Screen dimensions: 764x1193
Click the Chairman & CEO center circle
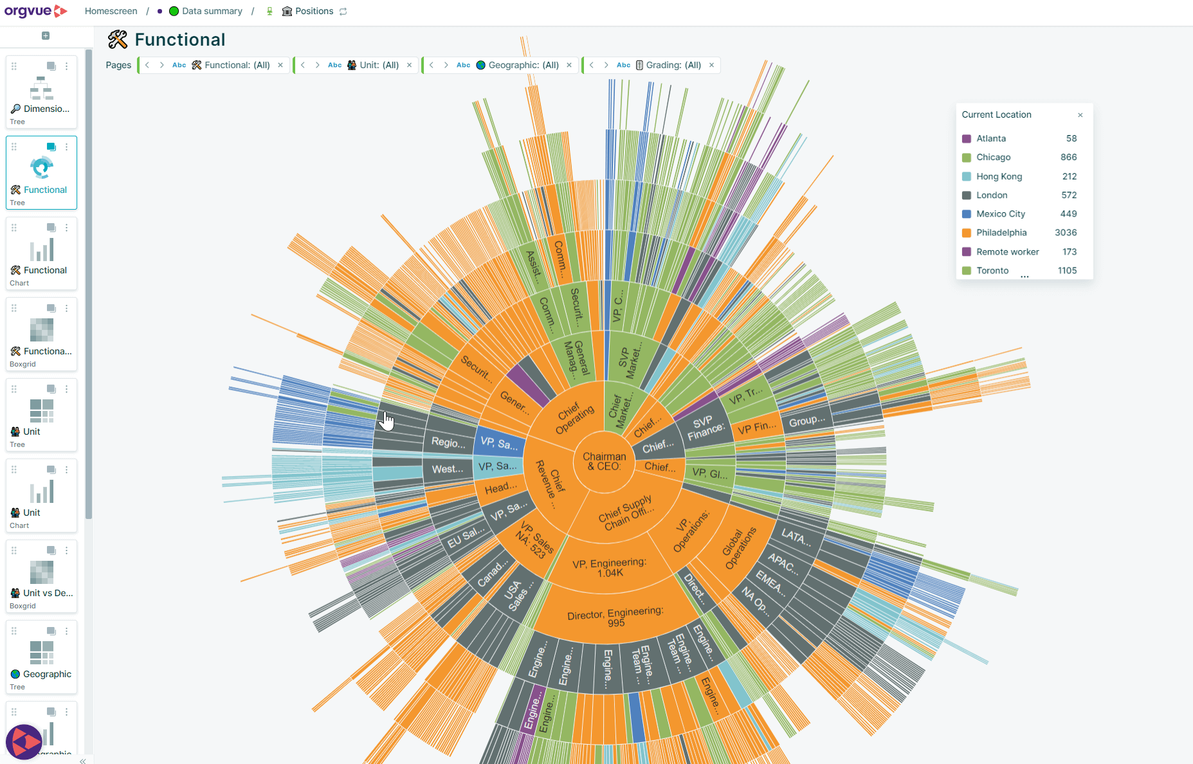[x=604, y=461]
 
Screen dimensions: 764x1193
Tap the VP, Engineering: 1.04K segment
[x=608, y=567]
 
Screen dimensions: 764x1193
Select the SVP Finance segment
[x=705, y=428]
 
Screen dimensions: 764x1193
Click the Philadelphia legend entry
[x=1001, y=233]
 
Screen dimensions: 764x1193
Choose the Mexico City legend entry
[x=1000, y=214]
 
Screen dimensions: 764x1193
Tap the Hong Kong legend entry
[x=999, y=176]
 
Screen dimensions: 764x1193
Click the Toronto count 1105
[x=1067, y=271]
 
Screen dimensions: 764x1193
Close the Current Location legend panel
[x=1080, y=115]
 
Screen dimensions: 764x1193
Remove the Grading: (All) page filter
[x=711, y=65]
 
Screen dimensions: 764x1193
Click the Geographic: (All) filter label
[x=523, y=65]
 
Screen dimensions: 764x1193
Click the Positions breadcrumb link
[x=314, y=12]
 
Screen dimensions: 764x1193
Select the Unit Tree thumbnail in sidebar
[x=42, y=415]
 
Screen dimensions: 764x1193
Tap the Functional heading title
[x=179, y=40]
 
